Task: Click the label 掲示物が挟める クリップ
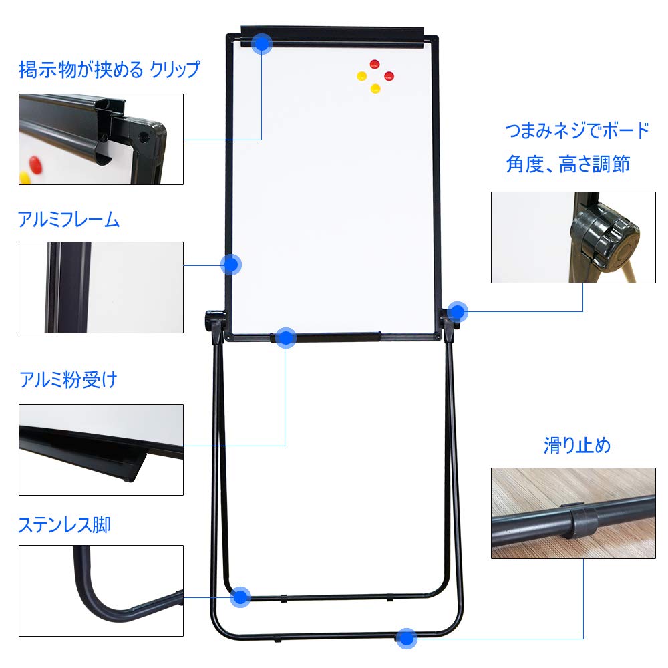(109, 69)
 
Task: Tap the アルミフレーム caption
(69, 220)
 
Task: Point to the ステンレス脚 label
(64, 525)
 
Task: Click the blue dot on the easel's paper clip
(262, 43)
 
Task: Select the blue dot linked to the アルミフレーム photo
(231, 265)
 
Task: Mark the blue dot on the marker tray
(285, 337)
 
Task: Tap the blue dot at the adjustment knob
(458, 311)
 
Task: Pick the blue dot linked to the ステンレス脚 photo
(240, 597)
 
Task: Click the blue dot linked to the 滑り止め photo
(406, 638)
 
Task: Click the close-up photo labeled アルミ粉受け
(101, 449)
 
